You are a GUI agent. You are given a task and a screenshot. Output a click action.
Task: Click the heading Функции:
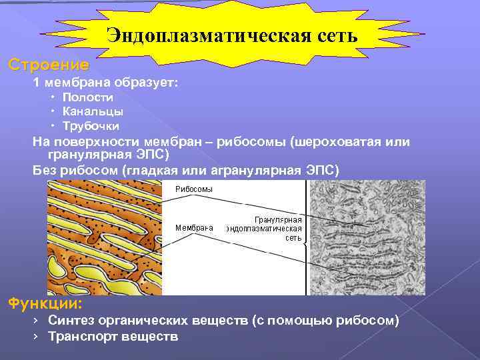coord(45,304)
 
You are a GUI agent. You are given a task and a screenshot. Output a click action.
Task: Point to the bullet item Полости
coord(87,97)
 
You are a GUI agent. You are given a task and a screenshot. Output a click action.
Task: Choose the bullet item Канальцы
coord(93,111)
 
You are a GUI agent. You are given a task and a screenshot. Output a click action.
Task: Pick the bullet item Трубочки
coord(91,125)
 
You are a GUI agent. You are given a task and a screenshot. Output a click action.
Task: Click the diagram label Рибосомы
coord(194,189)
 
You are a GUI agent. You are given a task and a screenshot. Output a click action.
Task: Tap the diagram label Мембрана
coord(194,227)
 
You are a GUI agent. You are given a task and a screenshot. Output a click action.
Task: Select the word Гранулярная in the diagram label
coord(279,219)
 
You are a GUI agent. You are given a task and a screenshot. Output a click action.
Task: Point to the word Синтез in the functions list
coord(69,321)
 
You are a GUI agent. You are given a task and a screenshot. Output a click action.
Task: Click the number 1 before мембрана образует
coord(37,83)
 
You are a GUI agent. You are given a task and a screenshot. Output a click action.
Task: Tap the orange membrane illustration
coord(104,237)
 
